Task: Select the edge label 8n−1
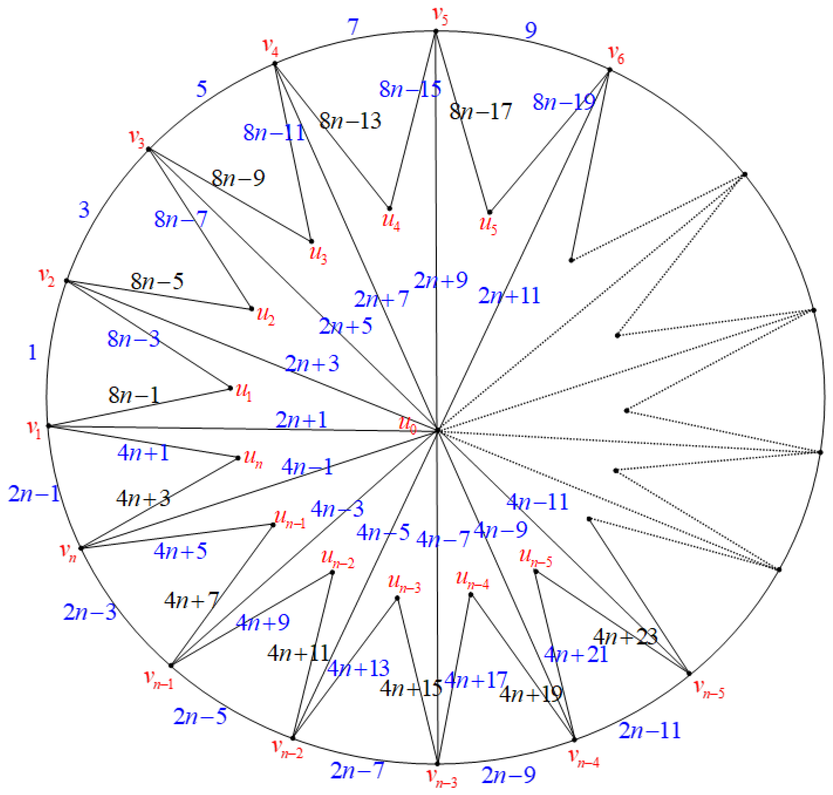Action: (134, 395)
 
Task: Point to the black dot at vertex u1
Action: (230, 388)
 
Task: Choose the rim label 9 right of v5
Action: (530, 30)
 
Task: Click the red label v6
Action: (616, 54)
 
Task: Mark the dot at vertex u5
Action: (489, 212)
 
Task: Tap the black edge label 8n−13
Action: (350, 121)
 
